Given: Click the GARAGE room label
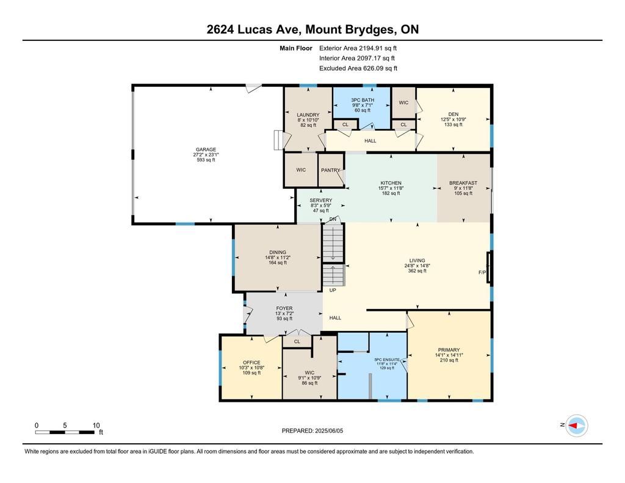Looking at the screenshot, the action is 206,150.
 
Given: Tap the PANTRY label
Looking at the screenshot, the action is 330,170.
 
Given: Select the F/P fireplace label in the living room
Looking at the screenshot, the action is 482,272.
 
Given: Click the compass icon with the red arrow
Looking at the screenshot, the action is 577,426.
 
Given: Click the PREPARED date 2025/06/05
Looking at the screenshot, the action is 329,430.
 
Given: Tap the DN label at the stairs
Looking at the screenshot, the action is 333,219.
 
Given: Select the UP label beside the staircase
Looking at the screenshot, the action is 333,290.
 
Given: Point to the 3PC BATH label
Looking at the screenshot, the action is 363,100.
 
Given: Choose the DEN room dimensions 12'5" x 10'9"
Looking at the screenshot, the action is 453,119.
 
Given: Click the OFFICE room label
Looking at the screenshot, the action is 251,363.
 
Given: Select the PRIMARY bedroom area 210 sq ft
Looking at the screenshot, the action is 449,360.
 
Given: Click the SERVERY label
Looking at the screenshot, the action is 321,200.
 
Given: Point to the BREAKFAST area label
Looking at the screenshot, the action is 463,183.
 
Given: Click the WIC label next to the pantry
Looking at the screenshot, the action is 301,170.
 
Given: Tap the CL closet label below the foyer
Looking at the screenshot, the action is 297,341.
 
